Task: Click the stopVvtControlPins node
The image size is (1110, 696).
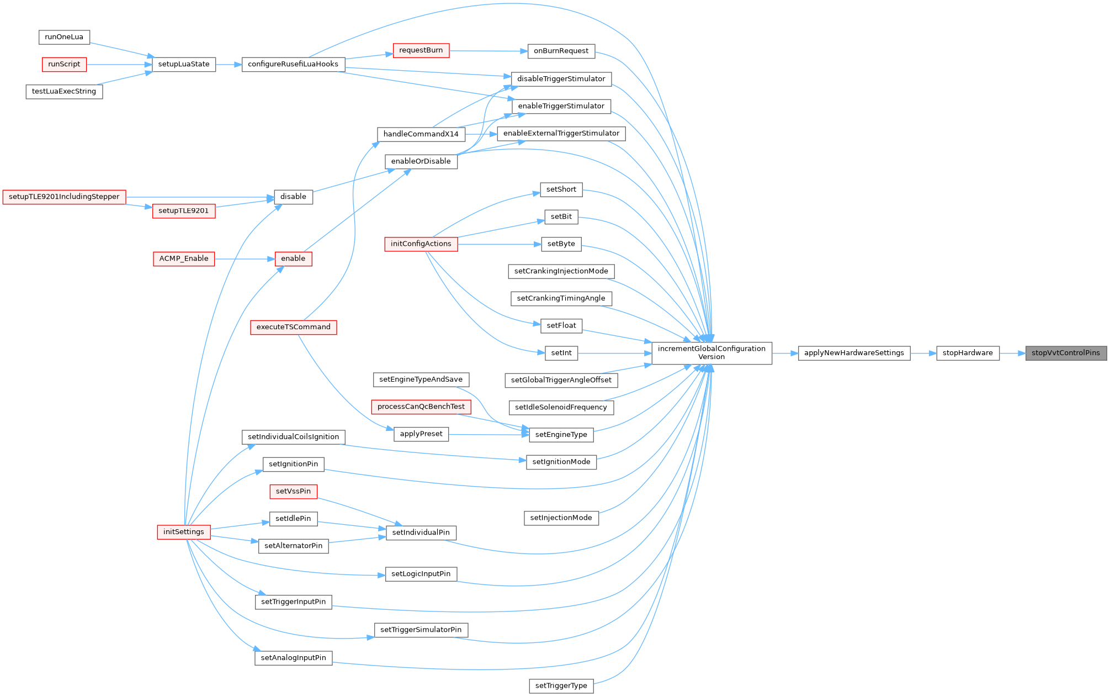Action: (1065, 353)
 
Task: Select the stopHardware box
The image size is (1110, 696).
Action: (967, 353)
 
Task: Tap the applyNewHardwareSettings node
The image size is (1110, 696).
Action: (853, 353)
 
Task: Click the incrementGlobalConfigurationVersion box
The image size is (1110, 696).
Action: (711, 353)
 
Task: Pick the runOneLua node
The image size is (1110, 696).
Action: (64, 37)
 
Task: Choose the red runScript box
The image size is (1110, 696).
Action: (64, 64)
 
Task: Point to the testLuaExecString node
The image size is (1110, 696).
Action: (64, 92)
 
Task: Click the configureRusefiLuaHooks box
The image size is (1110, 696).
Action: (293, 64)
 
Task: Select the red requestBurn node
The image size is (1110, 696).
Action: (421, 50)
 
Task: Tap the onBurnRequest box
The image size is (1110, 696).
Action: (561, 51)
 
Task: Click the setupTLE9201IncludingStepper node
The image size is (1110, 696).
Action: (64, 197)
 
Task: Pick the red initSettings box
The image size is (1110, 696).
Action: (183, 532)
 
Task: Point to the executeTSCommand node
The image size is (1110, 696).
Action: (293, 327)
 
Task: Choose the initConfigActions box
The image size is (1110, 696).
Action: (421, 244)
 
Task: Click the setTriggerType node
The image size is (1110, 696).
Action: (561, 686)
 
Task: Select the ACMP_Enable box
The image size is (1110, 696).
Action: (184, 259)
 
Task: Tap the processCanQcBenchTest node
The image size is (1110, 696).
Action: (421, 407)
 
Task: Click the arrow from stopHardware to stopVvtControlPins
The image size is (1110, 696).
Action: (1012, 353)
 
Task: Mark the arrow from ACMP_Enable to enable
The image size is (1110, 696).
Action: (245, 259)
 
